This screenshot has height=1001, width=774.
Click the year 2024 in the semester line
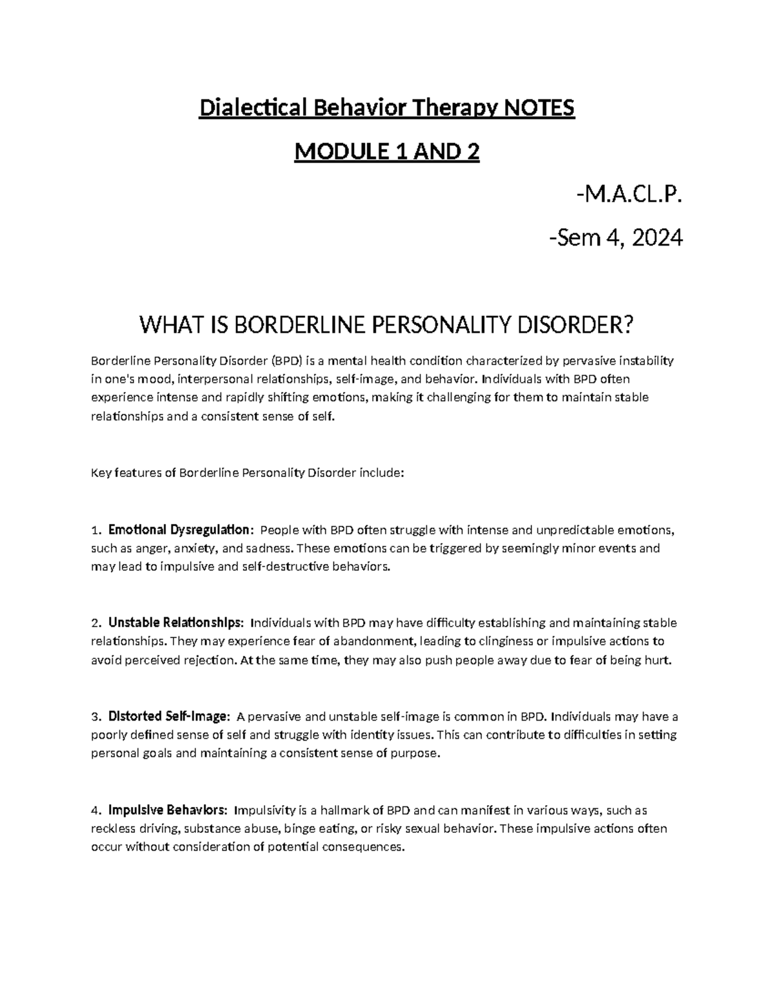[657, 238]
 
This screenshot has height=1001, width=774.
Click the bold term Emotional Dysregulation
[179, 530]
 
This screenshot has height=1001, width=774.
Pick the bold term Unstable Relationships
[176, 623]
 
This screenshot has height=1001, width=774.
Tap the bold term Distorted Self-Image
[168, 717]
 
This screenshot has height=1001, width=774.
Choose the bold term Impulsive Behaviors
[167, 810]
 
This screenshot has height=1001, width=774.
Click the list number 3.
[95, 717]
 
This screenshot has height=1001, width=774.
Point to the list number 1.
[95, 530]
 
